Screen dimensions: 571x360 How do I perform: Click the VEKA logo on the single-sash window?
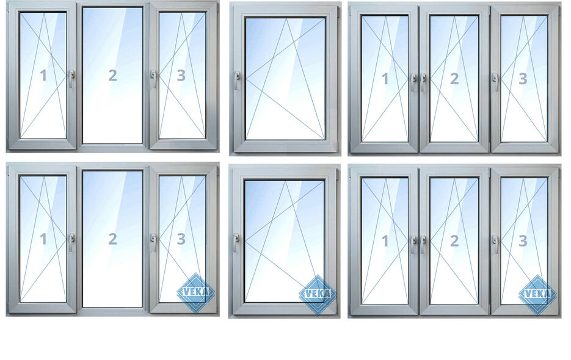pos(318,294)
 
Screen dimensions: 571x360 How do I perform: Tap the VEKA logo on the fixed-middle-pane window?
pos(195,293)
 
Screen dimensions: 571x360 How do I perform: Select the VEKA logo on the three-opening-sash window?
pos(537,294)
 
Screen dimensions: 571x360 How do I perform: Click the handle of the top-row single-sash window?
pos(237,80)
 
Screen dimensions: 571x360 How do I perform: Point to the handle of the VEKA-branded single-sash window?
pos(236,242)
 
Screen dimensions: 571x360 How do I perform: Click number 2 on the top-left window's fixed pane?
pos(112,75)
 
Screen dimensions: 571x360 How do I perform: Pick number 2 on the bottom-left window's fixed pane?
pos(112,239)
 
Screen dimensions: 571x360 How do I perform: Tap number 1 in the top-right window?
pos(385,79)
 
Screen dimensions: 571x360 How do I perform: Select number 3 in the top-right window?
pos(523,79)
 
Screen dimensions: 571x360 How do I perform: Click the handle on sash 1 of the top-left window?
pos(71,79)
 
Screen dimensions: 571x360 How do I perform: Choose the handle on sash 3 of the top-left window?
pos(153,79)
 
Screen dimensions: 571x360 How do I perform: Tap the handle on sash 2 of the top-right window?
pos(423,82)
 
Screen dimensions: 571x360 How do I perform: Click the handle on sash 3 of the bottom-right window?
pos(495,244)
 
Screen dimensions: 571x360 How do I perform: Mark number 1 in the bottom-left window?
pos(43,239)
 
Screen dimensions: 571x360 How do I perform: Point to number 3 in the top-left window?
pos(181,75)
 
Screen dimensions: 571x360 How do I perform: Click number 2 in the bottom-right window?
pos(454,240)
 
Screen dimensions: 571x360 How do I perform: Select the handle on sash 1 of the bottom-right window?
pos(413,244)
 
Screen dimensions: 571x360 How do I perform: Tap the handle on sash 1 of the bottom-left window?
pos(71,242)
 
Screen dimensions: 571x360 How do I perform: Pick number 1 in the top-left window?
pos(43,75)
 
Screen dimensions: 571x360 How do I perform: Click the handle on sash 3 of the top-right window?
pos(495,82)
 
